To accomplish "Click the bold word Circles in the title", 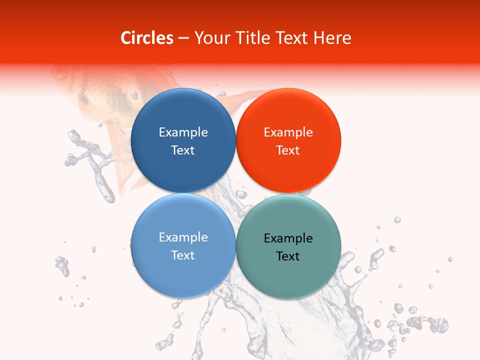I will point(147,38).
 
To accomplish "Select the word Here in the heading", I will point(332,38).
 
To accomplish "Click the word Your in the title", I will point(209,38).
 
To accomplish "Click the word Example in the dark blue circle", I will point(183,132).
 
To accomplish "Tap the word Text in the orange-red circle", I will point(288,150).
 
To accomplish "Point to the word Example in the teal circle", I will point(288,238).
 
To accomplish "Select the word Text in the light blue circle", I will point(183,255).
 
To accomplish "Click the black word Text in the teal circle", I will point(288,256).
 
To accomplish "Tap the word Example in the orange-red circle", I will point(288,132).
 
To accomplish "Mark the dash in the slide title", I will point(183,38).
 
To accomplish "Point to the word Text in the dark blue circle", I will point(183,150).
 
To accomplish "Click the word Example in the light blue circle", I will point(183,237).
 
